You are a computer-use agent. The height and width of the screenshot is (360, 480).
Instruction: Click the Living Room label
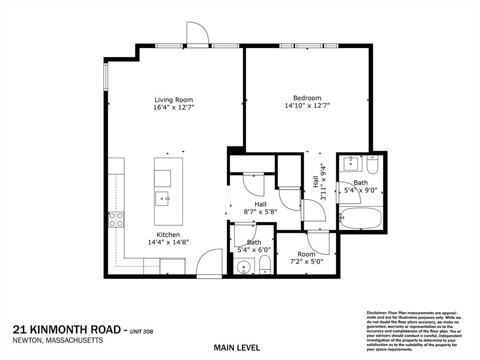pos(173,100)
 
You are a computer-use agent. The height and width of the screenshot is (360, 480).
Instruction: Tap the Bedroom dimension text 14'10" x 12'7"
pos(307,106)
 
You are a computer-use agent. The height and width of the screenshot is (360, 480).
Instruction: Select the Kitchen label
pos(168,235)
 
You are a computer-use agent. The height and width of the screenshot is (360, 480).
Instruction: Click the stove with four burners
pos(116,219)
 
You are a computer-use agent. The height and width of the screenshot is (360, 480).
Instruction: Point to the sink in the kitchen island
pos(164,199)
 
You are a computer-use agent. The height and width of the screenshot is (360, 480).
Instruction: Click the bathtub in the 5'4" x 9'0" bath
pos(360,218)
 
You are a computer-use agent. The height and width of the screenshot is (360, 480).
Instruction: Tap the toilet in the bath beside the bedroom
pos(373,165)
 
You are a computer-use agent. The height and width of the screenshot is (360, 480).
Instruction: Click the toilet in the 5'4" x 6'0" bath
pos(265,265)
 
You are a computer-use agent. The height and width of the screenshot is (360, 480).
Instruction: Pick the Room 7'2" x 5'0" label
pos(307,258)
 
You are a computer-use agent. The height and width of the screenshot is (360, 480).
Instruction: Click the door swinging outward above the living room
pos(197,34)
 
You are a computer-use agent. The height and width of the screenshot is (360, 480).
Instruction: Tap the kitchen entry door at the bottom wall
pos(209,264)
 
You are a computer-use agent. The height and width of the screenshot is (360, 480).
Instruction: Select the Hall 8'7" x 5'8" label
pos(260,207)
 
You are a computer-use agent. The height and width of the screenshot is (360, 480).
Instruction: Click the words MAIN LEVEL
pos(237,348)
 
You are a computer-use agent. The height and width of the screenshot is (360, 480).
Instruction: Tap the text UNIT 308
pos(142,332)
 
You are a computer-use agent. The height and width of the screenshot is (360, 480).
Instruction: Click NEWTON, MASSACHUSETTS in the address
pos(58,341)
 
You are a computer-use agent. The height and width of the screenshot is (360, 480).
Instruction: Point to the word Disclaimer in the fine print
pos(376,312)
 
